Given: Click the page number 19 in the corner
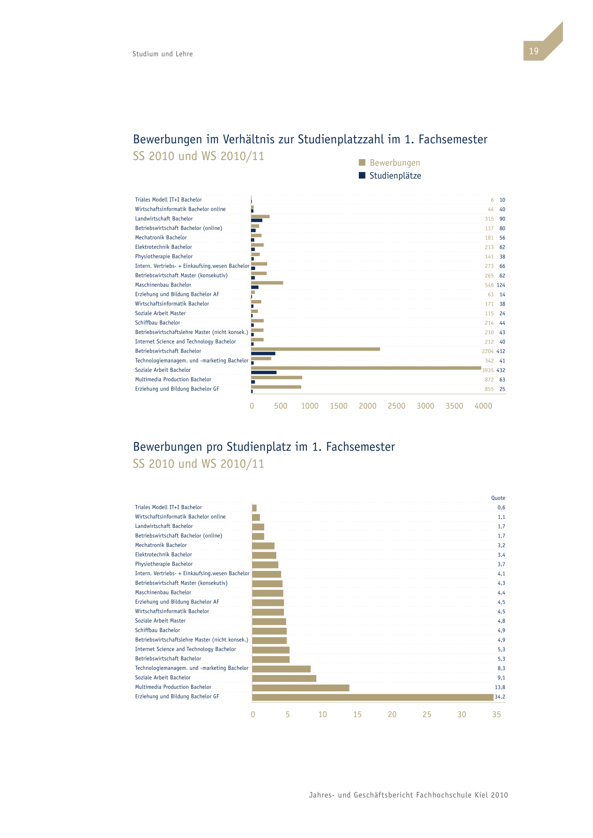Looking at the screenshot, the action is pos(533,51).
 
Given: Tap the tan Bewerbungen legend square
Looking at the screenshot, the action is pos(362,162).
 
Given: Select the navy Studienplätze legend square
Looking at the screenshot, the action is pos(362,175).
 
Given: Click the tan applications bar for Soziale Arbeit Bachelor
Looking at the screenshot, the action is pos(366,368).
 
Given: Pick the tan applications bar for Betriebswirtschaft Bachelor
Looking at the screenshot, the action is pos(315,349).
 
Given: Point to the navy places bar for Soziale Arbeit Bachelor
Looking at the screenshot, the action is pos(264,372).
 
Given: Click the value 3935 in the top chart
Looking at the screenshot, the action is pos(488,370).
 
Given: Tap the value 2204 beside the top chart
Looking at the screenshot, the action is pos(488,351).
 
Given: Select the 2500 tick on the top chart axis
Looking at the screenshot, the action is pos(397,406).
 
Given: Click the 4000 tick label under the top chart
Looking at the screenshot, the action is pos(483,406).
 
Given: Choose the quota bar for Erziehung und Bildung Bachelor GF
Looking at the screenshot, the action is pos(373,698).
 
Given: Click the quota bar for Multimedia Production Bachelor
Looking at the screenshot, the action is pos(301,688).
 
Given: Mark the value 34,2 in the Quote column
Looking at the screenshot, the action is pos(500,697).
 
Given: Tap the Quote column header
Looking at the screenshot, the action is pos(498,498).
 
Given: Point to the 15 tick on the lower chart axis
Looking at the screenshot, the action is pos(357,714).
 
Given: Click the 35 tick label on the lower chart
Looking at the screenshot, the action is pos(496,714).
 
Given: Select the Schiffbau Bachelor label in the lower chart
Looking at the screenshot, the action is pos(158,630).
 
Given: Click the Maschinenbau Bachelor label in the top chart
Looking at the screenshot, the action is pos(163,285).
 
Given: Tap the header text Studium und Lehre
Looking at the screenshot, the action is pos(162,54).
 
